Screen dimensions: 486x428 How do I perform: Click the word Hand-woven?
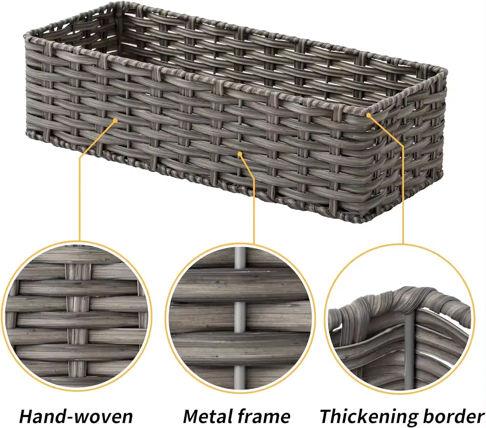point(76,416)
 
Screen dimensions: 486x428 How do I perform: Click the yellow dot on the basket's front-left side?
point(115,120)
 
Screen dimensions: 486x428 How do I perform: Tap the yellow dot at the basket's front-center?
point(240,154)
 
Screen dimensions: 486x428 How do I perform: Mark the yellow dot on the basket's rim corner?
point(368,115)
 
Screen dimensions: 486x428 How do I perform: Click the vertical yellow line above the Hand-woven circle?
point(79,198)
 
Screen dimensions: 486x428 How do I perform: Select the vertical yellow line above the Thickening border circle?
point(403,195)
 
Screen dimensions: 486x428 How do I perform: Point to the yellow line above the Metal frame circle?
point(254,211)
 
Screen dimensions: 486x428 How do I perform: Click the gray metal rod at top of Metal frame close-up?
point(239,258)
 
